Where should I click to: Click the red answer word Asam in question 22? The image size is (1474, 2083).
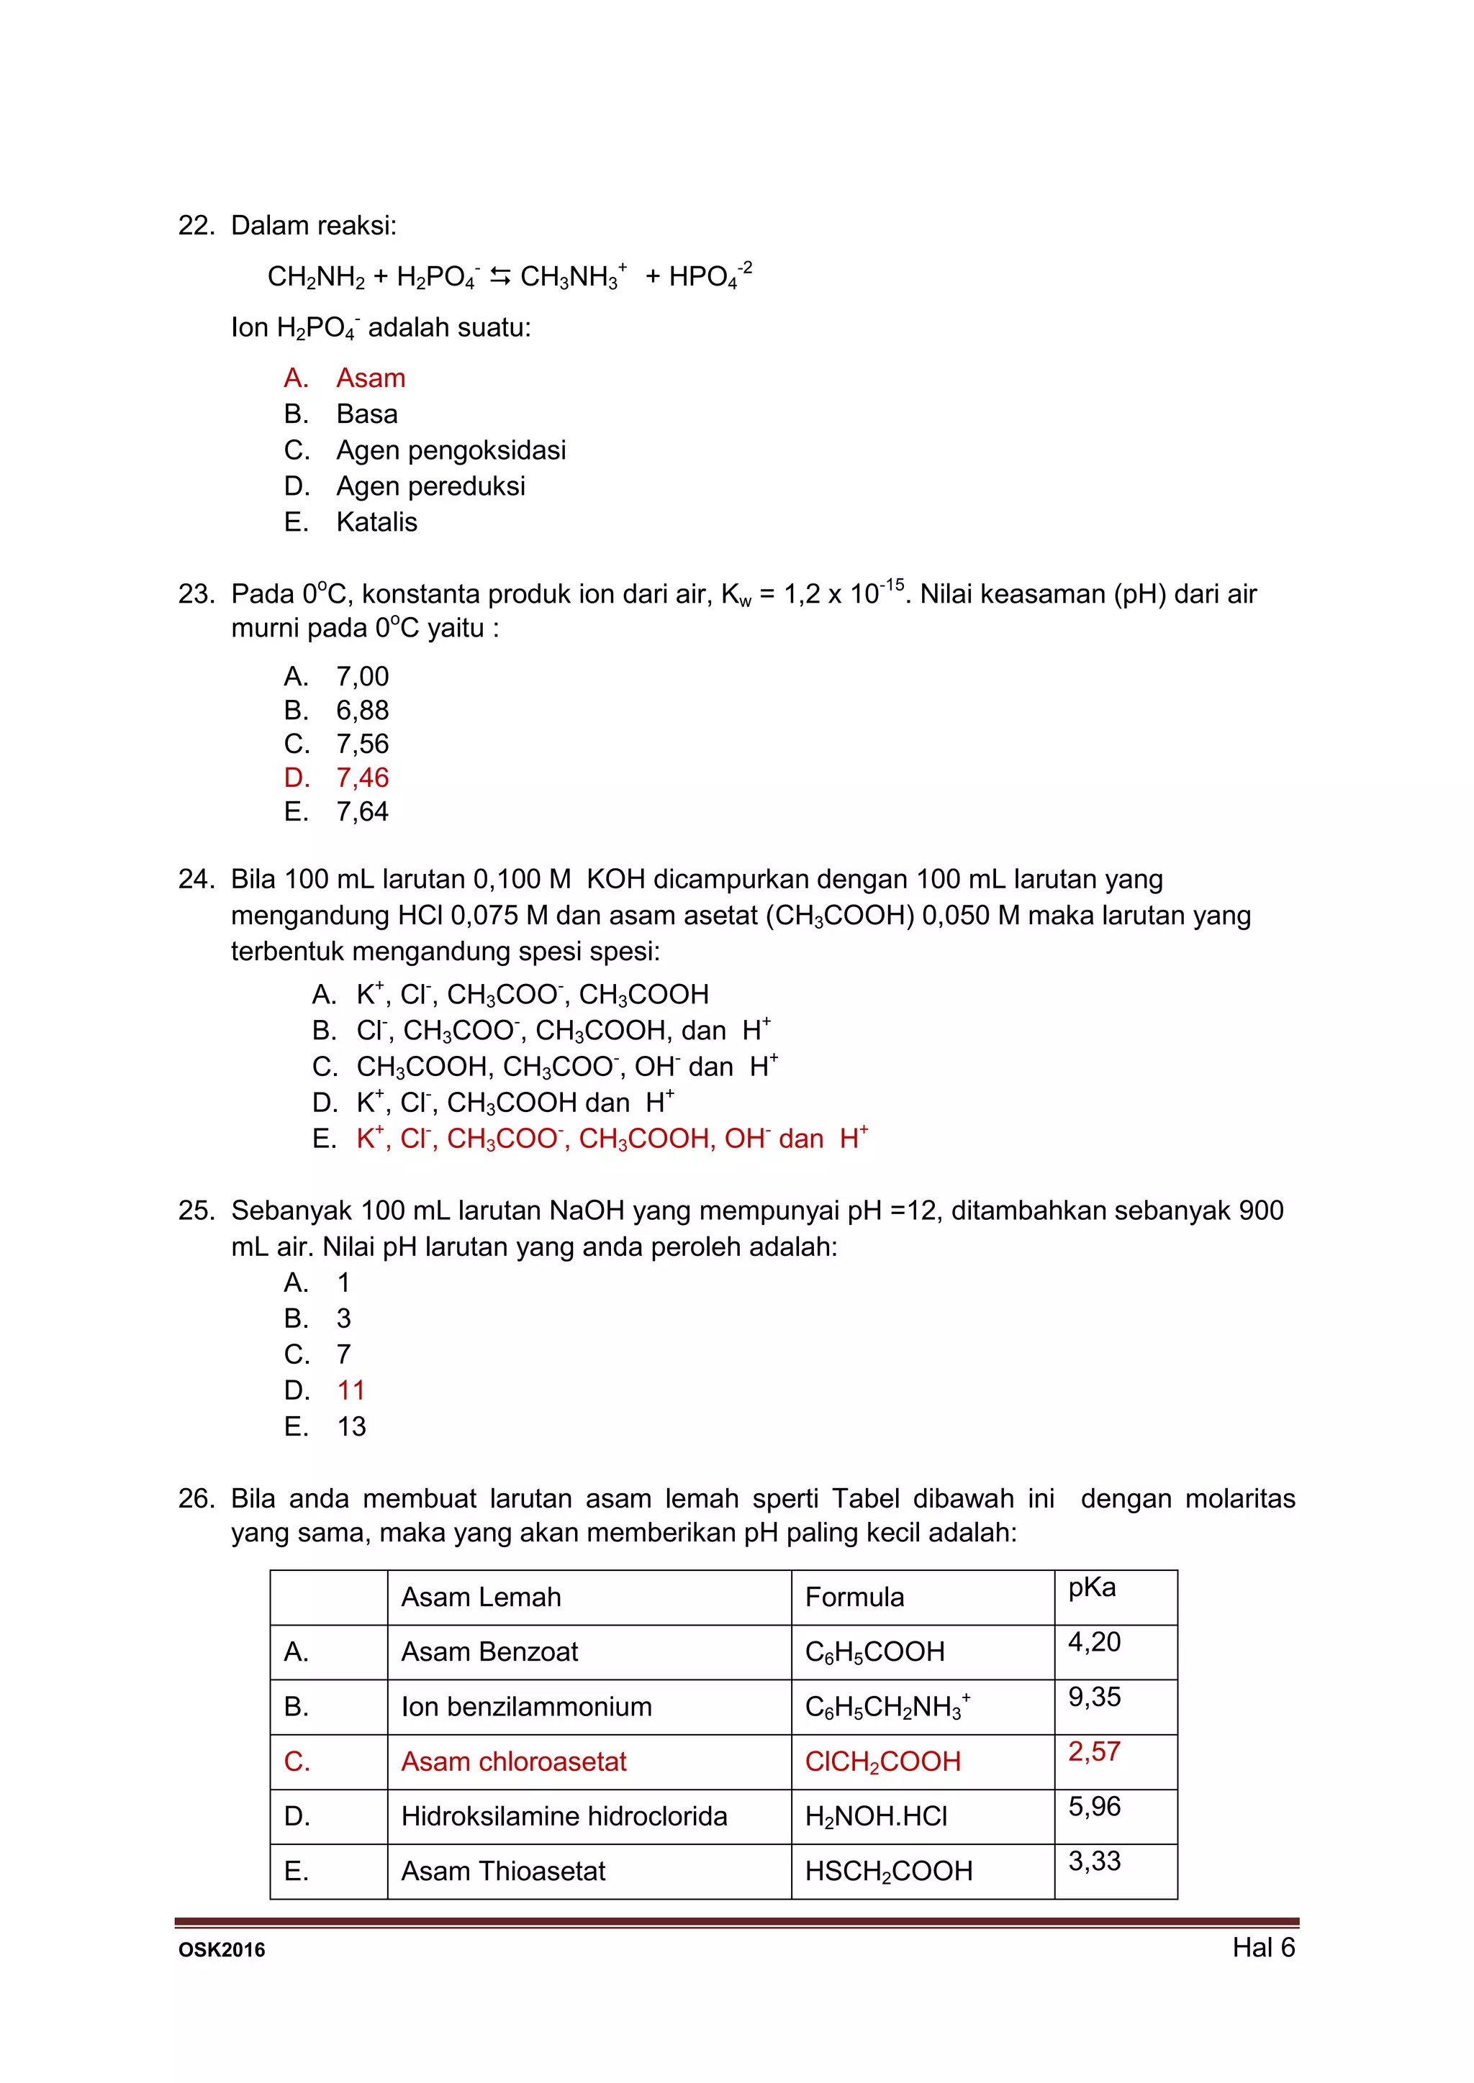(x=371, y=378)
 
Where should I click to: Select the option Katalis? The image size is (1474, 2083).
(x=376, y=523)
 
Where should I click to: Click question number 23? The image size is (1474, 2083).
(x=195, y=594)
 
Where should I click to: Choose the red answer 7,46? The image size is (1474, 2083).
(x=362, y=778)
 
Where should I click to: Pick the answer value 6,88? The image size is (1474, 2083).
(x=362, y=711)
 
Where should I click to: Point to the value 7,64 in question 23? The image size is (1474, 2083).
(x=362, y=812)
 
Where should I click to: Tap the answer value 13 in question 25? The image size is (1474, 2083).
(x=351, y=1426)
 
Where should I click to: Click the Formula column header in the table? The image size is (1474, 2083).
(x=854, y=1597)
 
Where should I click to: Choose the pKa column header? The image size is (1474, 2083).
(x=1092, y=1587)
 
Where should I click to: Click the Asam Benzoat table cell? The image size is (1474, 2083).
(x=489, y=1652)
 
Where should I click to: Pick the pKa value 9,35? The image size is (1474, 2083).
(x=1094, y=1697)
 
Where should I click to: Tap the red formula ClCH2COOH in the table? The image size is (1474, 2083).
(x=882, y=1761)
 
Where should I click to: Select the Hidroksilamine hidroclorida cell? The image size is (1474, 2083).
(x=564, y=1816)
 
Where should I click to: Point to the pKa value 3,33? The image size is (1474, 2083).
(x=1094, y=1861)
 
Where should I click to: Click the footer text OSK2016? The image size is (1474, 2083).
(x=222, y=1951)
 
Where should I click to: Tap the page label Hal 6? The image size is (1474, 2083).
(x=1262, y=1948)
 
